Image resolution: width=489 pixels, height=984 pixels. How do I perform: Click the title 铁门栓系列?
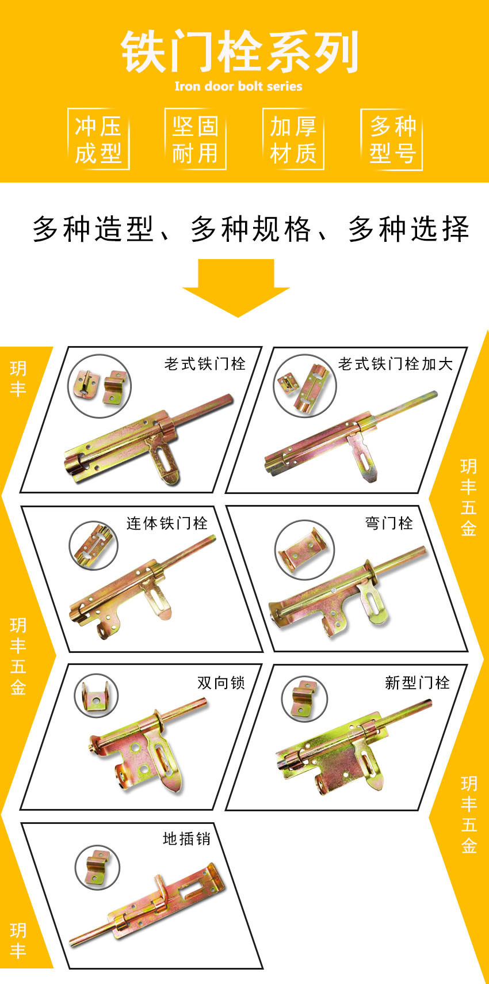[x=240, y=52]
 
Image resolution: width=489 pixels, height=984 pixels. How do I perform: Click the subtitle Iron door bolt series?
[x=238, y=86]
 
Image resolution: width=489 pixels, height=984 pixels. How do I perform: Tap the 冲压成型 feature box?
[x=98, y=139]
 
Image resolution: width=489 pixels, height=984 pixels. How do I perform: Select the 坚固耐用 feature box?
[x=196, y=139]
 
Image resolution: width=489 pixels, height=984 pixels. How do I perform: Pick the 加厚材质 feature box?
[x=293, y=139]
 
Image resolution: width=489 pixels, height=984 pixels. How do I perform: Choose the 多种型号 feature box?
[x=392, y=139]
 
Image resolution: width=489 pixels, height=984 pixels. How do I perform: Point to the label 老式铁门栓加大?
[x=395, y=364]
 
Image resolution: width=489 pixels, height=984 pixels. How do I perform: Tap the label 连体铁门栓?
[x=167, y=523]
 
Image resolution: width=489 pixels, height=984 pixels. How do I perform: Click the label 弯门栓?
[x=389, y=523]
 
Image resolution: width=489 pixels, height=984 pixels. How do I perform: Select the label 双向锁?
[x=221, y=682]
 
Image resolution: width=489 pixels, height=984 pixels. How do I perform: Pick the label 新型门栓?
[x=417, y=682]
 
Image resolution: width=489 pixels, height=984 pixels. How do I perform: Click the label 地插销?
[x=186, y=838]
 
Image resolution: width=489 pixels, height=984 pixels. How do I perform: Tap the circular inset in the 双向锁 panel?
[x=96, y=696]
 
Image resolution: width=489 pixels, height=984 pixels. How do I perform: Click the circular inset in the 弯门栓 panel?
[x=304, y=550]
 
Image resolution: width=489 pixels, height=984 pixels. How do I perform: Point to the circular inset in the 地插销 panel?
[x=97, y=867]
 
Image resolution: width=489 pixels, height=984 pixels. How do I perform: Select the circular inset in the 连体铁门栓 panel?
[x=93, y=546]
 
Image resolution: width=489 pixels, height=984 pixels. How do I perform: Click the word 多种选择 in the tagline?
[x=409, y=229]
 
